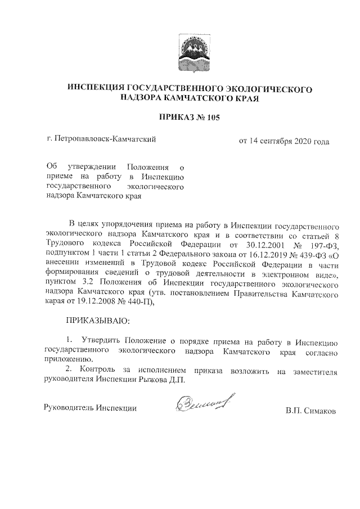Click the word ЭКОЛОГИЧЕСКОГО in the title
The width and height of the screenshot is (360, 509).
coord(269,88)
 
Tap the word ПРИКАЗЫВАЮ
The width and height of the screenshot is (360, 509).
coord(98,322)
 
